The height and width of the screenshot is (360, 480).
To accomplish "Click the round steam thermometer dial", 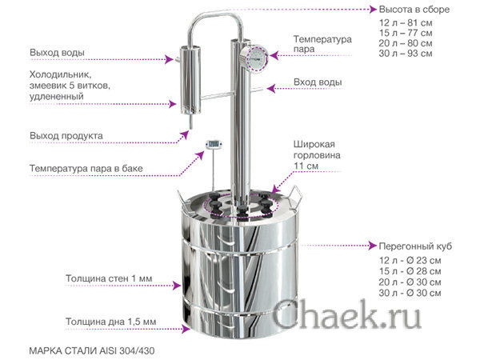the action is tap(254, 58).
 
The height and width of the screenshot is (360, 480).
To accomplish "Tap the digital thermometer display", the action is tap(214, 143).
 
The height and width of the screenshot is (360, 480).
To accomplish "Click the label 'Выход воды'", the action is tap(57, 52).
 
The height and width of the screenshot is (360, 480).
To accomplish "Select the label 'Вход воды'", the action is tap(318, 82).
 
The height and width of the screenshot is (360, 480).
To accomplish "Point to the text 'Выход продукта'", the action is tap(66, 136).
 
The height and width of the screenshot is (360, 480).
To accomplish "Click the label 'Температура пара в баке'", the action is tap(86, 168).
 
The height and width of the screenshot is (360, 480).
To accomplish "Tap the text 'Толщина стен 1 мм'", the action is tap(109, 278).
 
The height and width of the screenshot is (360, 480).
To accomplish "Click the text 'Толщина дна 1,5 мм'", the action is tap(111, 322).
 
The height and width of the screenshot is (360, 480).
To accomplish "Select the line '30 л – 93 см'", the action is tap(406, 54).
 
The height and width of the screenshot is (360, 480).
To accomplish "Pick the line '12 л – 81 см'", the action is tap(406, 22).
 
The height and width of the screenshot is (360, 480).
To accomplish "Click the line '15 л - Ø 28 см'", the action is tap(410, 271).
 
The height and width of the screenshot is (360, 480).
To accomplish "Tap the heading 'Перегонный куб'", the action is tap(415, 246).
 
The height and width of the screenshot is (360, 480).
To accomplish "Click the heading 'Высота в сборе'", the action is tap(414, 10).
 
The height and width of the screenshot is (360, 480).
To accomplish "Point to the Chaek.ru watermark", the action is tap(346, 314).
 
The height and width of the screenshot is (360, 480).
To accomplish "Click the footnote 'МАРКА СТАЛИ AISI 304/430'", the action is tap(92, 350).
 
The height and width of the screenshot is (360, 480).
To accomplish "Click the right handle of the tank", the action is tap(294, 196).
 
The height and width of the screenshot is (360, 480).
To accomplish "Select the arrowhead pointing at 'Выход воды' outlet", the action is tap(170, 59).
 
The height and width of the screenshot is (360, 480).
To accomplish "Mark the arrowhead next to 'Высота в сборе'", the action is tap(373, 10).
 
